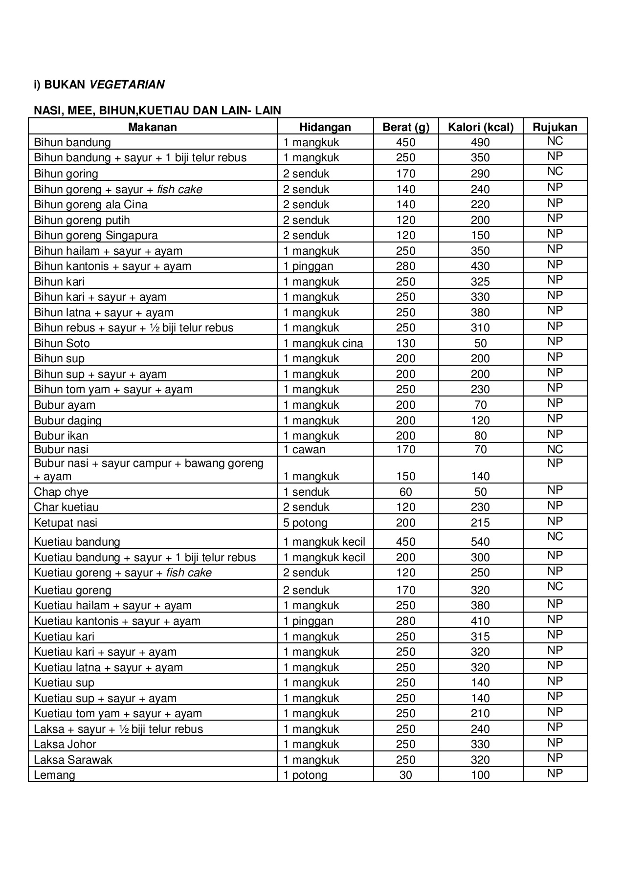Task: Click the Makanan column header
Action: coord(152,127)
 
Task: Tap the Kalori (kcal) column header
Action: coord(480,127)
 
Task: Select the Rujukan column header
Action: coord(555,127)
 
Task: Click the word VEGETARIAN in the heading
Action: coord(127,85)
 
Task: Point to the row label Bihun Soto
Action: coord(62,343)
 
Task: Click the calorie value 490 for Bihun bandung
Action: coord(480,142)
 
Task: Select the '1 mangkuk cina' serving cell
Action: coord(323,343)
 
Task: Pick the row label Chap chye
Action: coord(61,492)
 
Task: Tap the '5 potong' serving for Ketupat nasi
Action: coord(305,523)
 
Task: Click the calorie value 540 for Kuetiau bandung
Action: coord(480,542)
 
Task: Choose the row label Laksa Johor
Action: coord(65,744)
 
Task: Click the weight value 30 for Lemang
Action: coord(405,775)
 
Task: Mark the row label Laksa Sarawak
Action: coord(73,760)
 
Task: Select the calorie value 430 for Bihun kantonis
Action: coord(480,266)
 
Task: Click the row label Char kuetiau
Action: coord(66,507)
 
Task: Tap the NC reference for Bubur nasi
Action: coord(555,449)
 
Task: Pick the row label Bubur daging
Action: coord(67,420)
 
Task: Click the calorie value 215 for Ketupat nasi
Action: coord(480,523)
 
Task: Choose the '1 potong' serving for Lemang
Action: coord(305,775)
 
